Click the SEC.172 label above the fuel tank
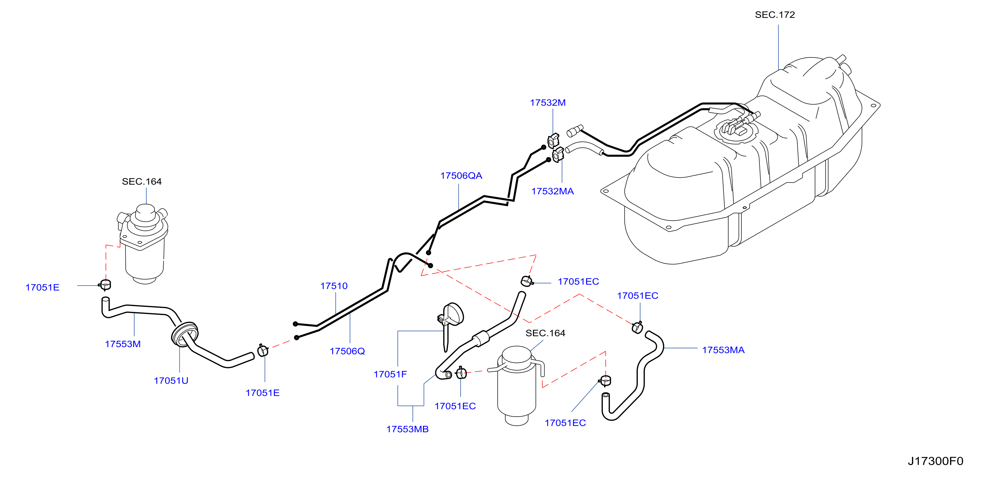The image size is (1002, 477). pyautogui.click(x=775, y=15)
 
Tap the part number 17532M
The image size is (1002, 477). pyautogui.click(x=548, y=103)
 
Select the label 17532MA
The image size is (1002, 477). pyautogui.click(x=552, y=191)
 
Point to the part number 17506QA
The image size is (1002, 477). pyautogui.click(x=461, y=176)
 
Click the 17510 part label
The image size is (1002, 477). pyautogui.click(x=334, y=286)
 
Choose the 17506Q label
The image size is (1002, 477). pyautogui.click(x=347, y=351)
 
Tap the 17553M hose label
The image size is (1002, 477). pyautogui.click(x=123, y=344)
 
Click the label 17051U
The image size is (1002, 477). pyautogui.click(x=171, y=381)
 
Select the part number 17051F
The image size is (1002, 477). pyautogui.click(x=390, y=374)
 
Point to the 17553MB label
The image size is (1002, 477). pyautogui.click(x=407, y=429)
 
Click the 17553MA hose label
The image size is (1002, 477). pyautogui.click(x=723, y=350)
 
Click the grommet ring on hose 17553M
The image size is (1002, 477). pyautogui.click(x=184, y=334)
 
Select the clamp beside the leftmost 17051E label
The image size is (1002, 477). pyautogui.click(x=105, y=284)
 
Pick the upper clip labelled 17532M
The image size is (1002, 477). pyautogui.click(x=553, y=141)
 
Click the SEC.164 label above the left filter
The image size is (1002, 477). pyautogui.click(x=142, y=182)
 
